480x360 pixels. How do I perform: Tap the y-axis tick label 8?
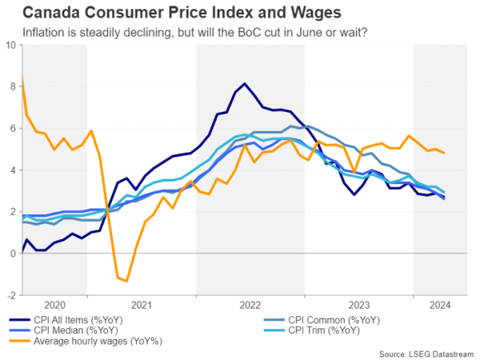(x=12, y=86)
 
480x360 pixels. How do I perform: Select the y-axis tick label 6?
(x=12, y=128)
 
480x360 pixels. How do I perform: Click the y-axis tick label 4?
(x=12, y=170)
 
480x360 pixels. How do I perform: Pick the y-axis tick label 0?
(x=12, y=254)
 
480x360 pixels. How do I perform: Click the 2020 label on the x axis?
(x=54, y=305)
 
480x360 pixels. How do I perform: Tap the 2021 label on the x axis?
(x=141, y=305)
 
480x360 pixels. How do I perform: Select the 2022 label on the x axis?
(x=250, y=305)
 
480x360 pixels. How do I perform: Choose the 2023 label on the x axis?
(x=358, y=305)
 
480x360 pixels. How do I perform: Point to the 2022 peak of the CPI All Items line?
(x=245, y=83)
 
